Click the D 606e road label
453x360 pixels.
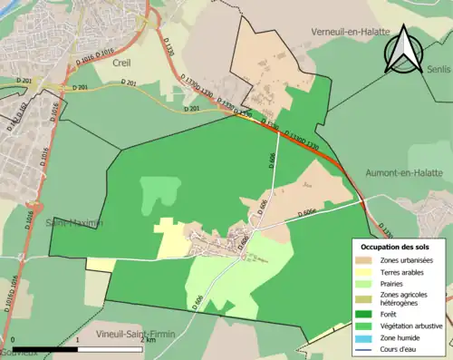pyautogui.click(x=311, y=214)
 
